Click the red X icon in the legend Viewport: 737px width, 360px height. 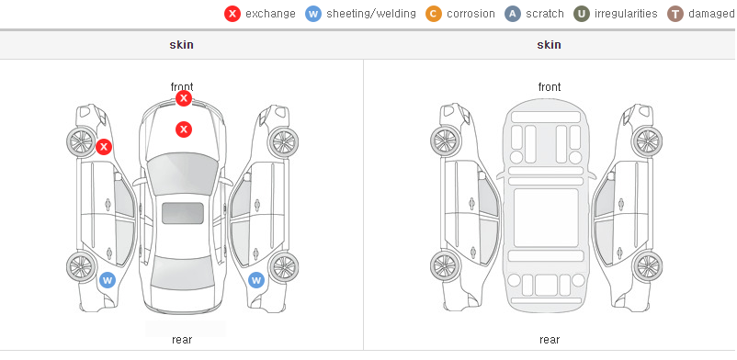pos(232,14)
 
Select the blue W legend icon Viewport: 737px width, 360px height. pos(313,14)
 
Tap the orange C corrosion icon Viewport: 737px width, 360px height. pos(434,14)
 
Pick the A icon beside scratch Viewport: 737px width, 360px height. pos(513,14)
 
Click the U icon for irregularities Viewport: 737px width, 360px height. pos(582,14)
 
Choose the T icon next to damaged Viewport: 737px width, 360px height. pos(675,14)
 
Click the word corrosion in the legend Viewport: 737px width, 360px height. pos(471,14)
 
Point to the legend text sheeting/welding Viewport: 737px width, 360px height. pos(371,14)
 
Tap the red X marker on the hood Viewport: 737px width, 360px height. pos(184,129)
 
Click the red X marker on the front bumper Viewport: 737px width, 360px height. pos(184,98)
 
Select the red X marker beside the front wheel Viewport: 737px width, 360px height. pos(104,147)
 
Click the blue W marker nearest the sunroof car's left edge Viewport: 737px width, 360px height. pos(108,281)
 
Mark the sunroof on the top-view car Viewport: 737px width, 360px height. pos(183,213)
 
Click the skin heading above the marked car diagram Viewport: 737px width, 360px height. pos(181,45)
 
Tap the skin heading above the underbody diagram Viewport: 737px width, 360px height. pos(549,45)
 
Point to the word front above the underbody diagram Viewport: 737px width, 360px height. pos(550,87)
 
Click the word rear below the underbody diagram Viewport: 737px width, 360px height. pos(550,339)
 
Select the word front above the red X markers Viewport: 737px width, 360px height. pos(182,87)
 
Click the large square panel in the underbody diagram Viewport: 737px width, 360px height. pos(546,218)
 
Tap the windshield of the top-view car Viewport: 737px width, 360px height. pos(183,174)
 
